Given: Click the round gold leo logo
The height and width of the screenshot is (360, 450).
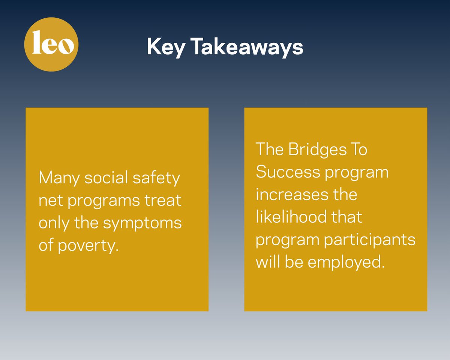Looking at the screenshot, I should (x=51, y=44).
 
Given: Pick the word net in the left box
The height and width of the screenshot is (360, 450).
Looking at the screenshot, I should (x=48, y=201).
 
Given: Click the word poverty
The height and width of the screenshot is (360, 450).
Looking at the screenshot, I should (x=90, y=246).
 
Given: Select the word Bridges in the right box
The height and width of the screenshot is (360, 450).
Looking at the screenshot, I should (x=318, y=150).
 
